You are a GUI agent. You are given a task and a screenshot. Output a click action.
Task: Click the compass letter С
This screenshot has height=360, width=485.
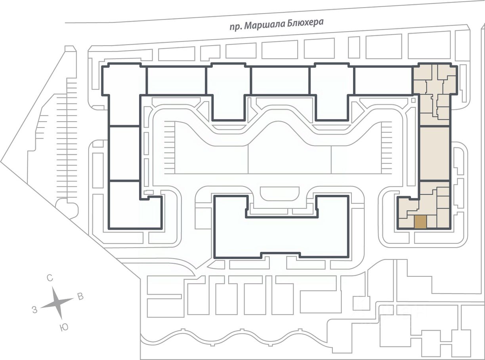click(50, 278)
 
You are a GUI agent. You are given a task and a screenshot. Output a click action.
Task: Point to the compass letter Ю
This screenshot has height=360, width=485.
click(64, 328)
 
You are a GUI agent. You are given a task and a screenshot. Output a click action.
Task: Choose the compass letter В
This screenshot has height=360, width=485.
click(81, 297)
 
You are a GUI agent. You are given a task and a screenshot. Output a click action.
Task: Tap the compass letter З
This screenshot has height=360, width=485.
click(34, 310)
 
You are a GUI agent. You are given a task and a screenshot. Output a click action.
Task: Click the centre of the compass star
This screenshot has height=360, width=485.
click(57, 303)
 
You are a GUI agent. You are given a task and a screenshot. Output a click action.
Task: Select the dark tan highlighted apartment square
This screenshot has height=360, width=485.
click(420, 222)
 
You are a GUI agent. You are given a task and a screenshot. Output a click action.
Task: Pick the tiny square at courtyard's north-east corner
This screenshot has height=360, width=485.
click(413, 100)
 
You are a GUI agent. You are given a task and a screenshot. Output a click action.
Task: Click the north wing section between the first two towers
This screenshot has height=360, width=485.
click(176, 81)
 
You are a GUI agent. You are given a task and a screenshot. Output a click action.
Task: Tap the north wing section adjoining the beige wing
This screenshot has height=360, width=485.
click(383, 81)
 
